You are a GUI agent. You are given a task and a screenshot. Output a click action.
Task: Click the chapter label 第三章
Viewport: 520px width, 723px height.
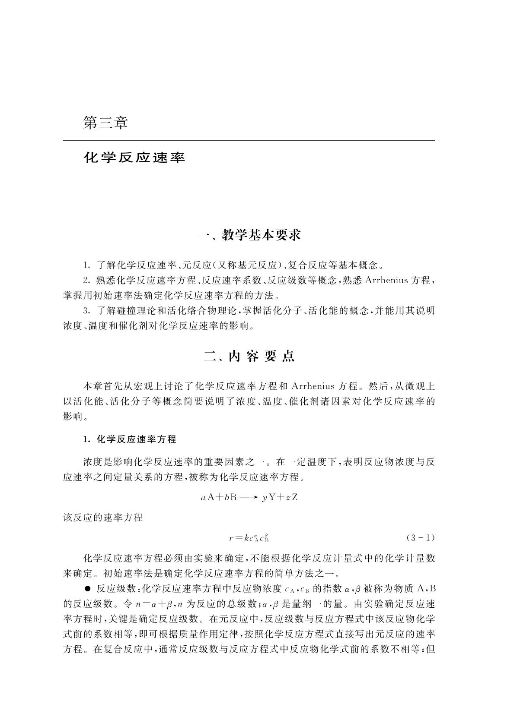[105, 123]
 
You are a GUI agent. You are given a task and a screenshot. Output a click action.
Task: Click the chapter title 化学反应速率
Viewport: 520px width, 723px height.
[134, 158]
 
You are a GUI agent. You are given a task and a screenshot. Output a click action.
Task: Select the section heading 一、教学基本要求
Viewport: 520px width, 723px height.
[249, 235]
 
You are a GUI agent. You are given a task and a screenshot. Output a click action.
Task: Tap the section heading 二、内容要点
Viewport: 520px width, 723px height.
[249, 357]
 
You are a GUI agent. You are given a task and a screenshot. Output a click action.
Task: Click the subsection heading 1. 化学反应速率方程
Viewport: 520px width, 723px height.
[130, 439]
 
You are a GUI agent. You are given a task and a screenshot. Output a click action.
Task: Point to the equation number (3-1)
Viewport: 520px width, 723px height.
[420, 538]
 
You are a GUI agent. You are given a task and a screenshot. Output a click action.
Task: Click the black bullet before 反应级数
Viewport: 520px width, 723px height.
[88, 588]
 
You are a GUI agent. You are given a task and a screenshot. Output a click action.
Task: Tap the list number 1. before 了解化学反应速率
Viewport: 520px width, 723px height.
[86, 265]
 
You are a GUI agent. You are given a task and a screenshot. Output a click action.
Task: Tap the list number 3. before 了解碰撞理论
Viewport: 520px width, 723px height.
[86, 310]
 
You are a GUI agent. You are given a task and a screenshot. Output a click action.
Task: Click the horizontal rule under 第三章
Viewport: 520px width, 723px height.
[249, 141]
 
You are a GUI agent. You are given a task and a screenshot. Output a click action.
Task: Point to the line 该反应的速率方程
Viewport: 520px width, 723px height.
[103, 518]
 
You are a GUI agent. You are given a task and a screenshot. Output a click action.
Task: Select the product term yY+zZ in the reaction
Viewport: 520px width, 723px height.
[280, 497]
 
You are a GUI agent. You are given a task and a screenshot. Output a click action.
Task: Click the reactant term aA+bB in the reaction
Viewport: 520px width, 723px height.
[219, 497]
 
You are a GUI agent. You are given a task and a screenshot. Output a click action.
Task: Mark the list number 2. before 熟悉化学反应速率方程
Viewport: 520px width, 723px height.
[86, 280]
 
